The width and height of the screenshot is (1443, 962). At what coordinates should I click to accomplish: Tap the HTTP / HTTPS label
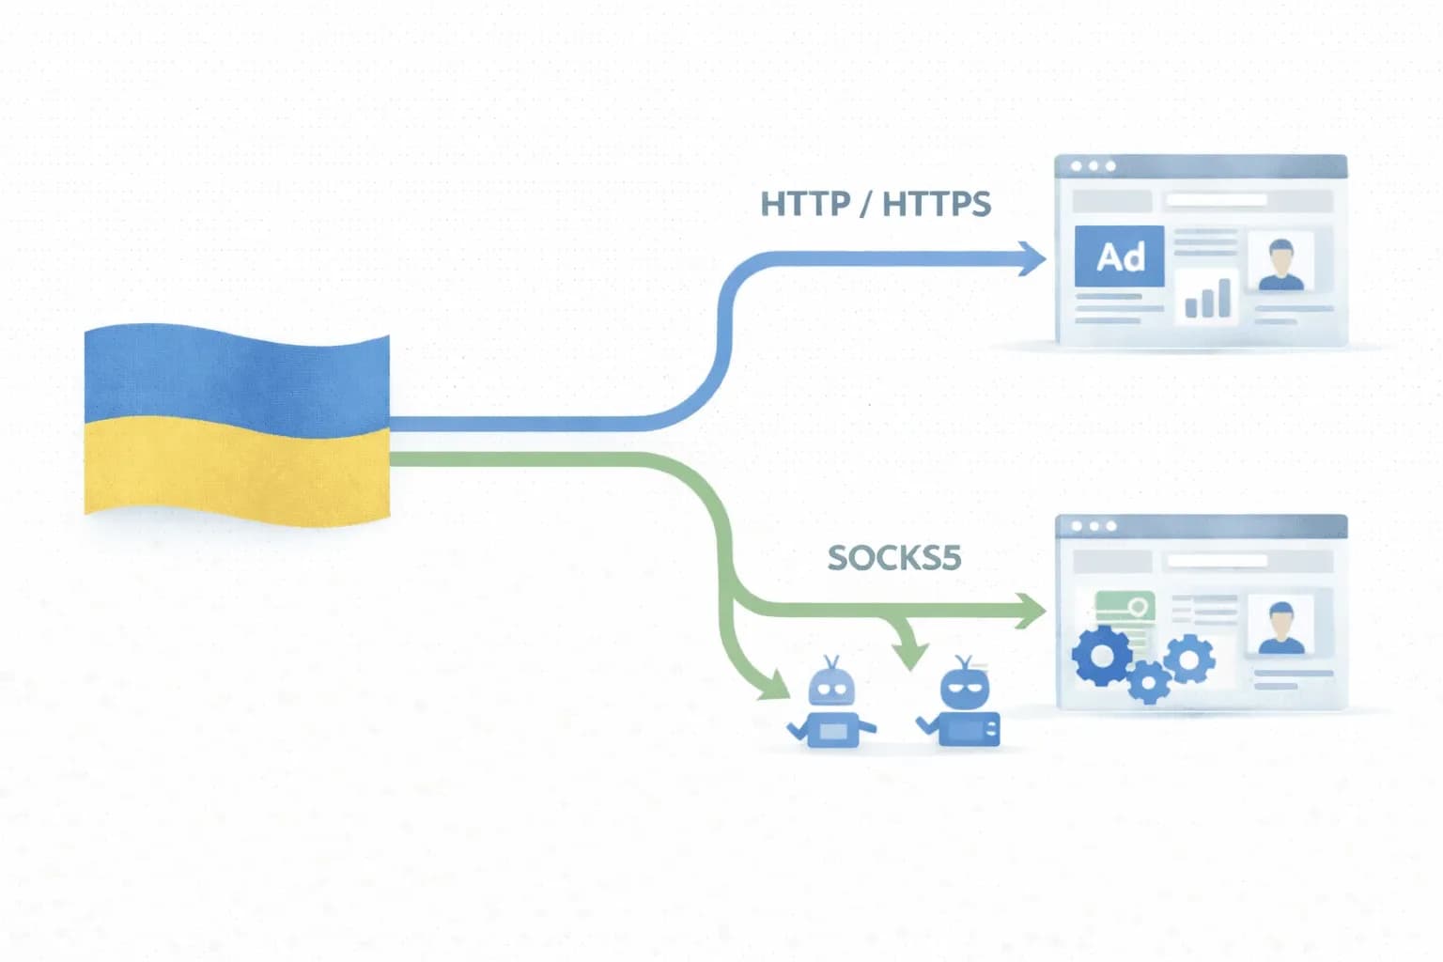click(x=875, y=204)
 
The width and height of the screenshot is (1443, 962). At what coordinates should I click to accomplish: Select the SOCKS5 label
click(x=893, y=558)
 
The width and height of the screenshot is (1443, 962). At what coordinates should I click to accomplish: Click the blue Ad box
click(x=1119, y=256)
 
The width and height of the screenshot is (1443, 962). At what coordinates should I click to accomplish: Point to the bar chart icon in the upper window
click(x=1207, y=298)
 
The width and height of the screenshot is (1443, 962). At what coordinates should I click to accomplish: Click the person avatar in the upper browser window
click(x=1280, y=264)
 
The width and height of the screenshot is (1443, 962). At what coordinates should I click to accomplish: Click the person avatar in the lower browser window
click(x=1280, y=627)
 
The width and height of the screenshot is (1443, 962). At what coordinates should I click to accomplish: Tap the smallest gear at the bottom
click(x=1147, y=681)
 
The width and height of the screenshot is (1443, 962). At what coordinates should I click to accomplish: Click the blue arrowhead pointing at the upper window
click(x=1032, y=258)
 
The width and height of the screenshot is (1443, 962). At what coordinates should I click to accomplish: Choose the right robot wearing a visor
click(x=963, y=706)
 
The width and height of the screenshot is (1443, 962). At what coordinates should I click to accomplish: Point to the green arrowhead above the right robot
click(x=909, y=655)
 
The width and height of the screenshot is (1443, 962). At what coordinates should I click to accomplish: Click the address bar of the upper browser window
click(x=1217, y=200)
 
